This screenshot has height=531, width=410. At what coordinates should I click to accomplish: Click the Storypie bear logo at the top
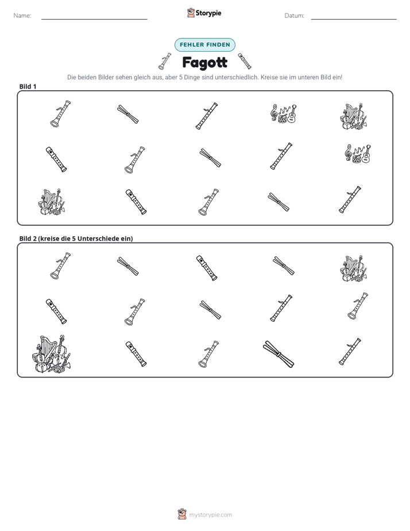tap(191, 13)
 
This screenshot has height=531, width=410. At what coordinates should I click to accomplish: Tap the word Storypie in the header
tap(208, 13)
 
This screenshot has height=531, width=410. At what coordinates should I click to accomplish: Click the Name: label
tap(22, 16)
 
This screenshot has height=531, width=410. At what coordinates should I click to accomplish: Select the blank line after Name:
tap(94, 19)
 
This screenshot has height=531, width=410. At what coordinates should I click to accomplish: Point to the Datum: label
tap(295, 16)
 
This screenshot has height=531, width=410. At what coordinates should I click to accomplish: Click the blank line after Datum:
tap(354, 19)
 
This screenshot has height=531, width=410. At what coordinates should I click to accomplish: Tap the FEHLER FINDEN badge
tap(205, 45)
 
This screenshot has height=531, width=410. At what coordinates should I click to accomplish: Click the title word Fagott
tap(205, 63)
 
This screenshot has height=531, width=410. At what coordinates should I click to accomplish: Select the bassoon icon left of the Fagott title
tap(164, 61)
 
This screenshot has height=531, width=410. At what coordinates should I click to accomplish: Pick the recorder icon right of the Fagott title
tap(245, 61)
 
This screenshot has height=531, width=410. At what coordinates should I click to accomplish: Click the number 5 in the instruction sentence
tap(181, 77)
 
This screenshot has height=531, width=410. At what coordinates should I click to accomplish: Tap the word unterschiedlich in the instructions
tap(237, 77)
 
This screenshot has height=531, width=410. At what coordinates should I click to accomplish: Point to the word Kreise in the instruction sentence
tap(269, 77)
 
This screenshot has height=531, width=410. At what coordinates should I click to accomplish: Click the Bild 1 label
tap(28, 86)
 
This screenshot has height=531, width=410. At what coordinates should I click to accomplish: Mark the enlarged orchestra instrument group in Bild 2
tap(52, 354)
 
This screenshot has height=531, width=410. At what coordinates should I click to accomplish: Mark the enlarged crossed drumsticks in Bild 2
tap(279, 354)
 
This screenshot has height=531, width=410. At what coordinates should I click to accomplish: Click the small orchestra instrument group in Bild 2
tap(354, 268)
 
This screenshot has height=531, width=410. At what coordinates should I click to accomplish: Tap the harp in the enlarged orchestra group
tap(44, 347)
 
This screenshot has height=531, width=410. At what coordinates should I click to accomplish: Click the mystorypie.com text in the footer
tap(210, 515)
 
